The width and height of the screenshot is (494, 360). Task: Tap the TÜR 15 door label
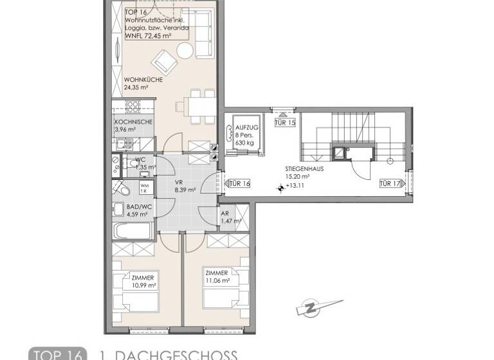point(284,122)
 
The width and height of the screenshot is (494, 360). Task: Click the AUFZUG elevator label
point(244,129)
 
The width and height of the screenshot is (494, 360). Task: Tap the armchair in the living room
point(163,63)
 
